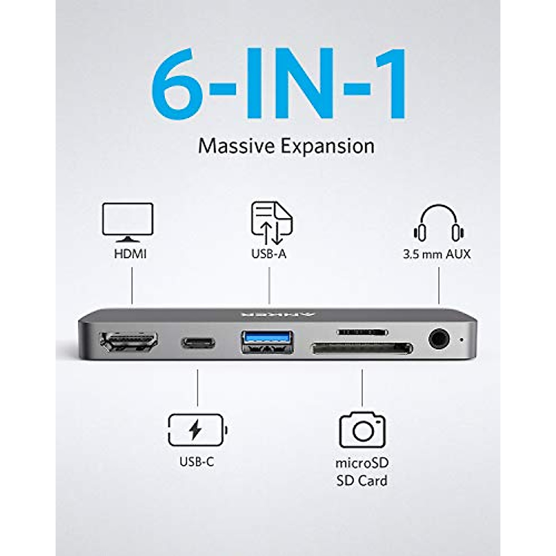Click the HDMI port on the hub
point(129,344)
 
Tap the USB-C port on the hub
point(198,343)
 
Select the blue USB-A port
point(267,342)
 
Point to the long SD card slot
point(362,348)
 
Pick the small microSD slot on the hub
point(362,332)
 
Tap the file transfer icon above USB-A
point(272,223)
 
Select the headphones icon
point(439,223)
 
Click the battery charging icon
point(197,430)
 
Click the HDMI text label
point(130,254)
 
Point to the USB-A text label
point(269,254)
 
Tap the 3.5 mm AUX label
point(436,254)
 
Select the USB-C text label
point(197,462)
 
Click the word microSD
point(362,463)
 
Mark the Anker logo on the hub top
point(278,313)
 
